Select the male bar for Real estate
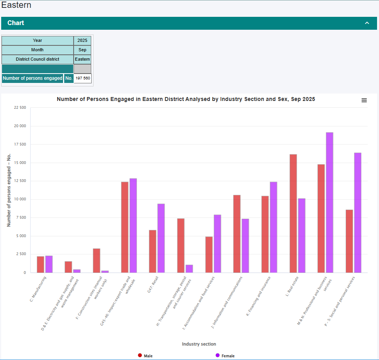[293, 213]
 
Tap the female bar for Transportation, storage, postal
[189, 268]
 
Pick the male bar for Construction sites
[96, 260]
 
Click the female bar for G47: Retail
[161, 238]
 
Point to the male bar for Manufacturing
[40, 264]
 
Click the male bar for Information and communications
[237, 234]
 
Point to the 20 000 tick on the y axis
[19, 126]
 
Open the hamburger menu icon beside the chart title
[364, 100]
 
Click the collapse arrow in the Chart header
[367, 23]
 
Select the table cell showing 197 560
[83, 78]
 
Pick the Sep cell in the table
[82, 50]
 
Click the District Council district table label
[38, 59]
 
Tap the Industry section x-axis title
[199, 344]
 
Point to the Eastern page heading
[16, 5]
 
